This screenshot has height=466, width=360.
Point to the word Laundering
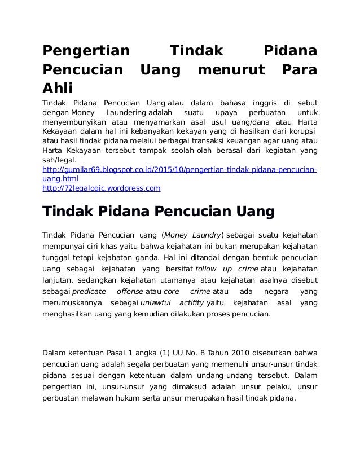tap(122, 113)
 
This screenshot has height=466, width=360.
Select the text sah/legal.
tap(59, 161)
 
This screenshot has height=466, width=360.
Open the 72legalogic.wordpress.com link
tap(102, 188)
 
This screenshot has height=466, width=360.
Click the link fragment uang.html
tap(61, 178)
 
